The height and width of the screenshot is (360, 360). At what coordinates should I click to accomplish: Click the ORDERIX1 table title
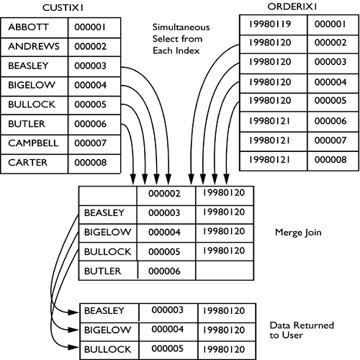click(300, 6)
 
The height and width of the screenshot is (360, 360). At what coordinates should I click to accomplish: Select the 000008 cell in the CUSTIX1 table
click(90, 163)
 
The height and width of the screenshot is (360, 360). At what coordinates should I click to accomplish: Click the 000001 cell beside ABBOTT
click(90, 27)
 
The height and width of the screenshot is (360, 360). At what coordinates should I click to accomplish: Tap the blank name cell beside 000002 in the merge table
click(107, 194)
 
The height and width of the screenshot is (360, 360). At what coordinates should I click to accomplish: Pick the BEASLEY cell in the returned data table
click(108, 311)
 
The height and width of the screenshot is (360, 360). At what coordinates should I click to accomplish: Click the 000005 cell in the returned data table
click(167, 348)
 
